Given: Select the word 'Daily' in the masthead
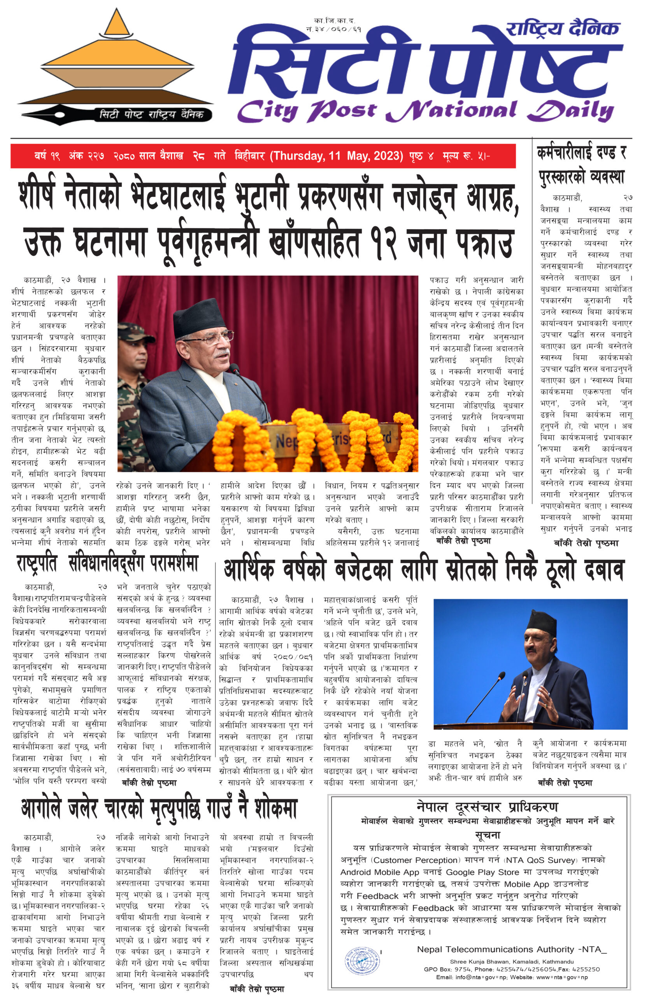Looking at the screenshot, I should pos(571,111).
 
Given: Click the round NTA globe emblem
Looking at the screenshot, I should pos(362,962).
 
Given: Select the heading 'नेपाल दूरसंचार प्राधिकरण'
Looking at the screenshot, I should pos(487,807).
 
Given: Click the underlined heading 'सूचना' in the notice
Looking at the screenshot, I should pos(488,835).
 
